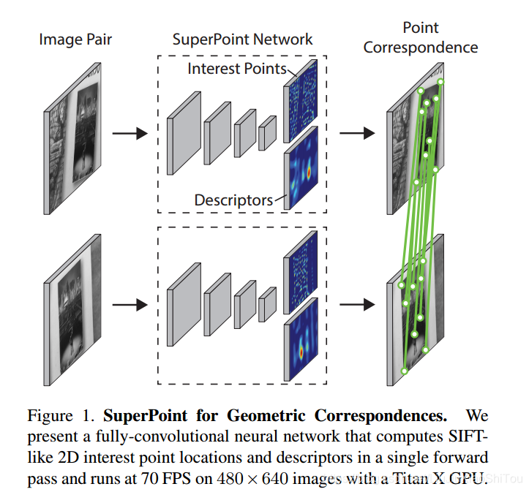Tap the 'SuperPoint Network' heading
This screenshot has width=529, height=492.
(x=242, y=39)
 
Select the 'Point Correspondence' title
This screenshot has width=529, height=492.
(x=421, y=38)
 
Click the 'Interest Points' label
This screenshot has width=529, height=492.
(x=237, y=69)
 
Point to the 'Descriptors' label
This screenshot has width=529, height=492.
(x=233, y=200)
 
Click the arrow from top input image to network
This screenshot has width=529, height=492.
(x=129, y=134)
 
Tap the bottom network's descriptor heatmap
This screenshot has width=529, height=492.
(x=301, y=339)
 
